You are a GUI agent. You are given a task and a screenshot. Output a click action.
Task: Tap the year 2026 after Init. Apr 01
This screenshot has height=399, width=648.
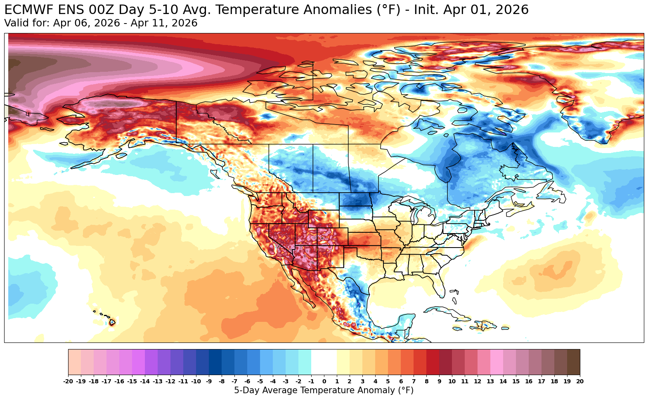pos(512,10)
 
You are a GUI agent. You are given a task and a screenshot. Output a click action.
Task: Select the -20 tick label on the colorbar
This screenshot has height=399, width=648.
pos(68,382)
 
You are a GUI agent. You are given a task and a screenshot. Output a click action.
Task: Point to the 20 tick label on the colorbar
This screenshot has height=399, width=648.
pos(580,382)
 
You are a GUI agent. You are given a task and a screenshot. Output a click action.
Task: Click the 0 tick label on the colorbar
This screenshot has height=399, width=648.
pos(324,382)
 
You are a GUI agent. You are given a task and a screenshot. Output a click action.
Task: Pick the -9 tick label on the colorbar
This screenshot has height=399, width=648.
pos(209,382)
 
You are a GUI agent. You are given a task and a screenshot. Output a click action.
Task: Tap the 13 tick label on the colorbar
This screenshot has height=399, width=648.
pos(490,382)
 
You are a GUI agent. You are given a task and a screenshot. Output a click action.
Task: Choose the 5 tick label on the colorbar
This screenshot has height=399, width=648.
pos(388,382)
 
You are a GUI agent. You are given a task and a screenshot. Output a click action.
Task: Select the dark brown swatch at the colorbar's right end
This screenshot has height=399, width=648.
pos(573,361)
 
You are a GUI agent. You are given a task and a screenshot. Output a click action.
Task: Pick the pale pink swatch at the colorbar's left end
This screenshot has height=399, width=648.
pos(75,361)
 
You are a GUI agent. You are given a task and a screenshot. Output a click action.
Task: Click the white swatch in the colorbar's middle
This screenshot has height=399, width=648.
pos(324,361)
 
